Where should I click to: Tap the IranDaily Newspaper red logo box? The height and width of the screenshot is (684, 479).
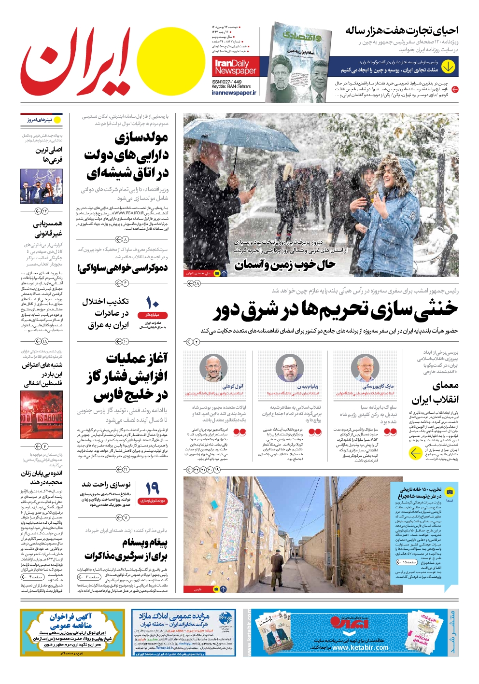(236, 67)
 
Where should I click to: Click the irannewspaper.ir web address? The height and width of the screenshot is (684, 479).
(234, 93)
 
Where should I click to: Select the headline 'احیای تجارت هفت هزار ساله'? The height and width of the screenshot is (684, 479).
(402, 31)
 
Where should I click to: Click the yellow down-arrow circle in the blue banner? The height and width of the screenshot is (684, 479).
(448, 66)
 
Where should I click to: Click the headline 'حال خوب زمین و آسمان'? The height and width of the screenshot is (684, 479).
(285, 265)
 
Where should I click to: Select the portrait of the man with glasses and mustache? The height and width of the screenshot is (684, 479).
(214, 368)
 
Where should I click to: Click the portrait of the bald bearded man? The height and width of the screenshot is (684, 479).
(290, 368)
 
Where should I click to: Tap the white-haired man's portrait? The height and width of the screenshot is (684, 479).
(365, 368)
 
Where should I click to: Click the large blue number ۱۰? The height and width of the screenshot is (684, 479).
(153, 303)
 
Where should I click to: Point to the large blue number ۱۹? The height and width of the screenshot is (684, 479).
(153, 488)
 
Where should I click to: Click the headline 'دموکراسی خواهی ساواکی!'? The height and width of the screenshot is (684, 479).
(123, 268)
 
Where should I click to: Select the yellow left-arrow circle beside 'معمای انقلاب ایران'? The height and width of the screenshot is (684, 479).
(415, 453)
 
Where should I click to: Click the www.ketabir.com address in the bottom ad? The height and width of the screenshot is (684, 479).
(360, 647)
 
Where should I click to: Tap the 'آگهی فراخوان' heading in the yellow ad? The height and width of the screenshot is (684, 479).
(70, 616)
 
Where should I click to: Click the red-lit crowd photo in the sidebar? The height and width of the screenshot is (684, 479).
(42, 415)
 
